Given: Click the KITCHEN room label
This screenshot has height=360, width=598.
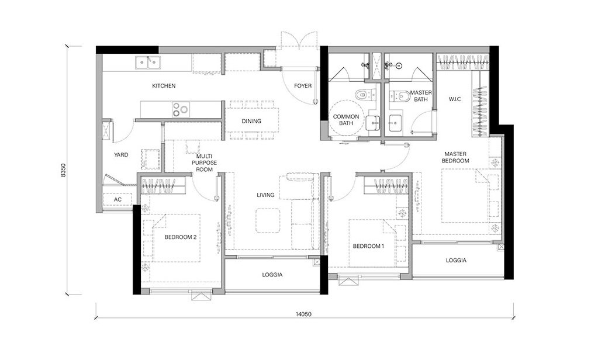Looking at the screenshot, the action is [164, 86].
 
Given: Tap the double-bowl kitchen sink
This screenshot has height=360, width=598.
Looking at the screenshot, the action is [148, 63].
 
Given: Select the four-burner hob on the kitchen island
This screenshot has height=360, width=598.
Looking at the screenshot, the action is [181, 109].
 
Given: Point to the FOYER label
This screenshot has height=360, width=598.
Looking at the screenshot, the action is [303, 86].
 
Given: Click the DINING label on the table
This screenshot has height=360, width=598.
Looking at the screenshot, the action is [251, 122].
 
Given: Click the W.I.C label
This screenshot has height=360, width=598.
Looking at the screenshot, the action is [455, 99].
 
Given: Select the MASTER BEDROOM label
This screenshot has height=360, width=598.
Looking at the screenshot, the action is [455, 158].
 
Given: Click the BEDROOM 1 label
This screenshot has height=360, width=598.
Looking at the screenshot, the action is [368, 247].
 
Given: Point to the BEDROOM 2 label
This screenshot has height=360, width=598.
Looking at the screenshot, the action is [181, 237].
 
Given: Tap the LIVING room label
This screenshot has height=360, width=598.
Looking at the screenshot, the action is [265, 195].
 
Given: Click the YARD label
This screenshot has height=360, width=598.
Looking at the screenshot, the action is [121, 155].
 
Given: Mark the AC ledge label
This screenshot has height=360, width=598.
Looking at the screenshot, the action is [118, 199].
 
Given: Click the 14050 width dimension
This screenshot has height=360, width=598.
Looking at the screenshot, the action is [303, 314].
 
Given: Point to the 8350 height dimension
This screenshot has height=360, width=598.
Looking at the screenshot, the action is [63, 171].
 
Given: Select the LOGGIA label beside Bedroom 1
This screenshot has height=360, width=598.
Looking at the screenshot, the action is [456, 261].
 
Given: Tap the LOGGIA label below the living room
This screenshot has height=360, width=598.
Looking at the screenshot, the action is [272, 275].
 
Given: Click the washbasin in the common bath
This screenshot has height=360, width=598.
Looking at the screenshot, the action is [372, 123].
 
